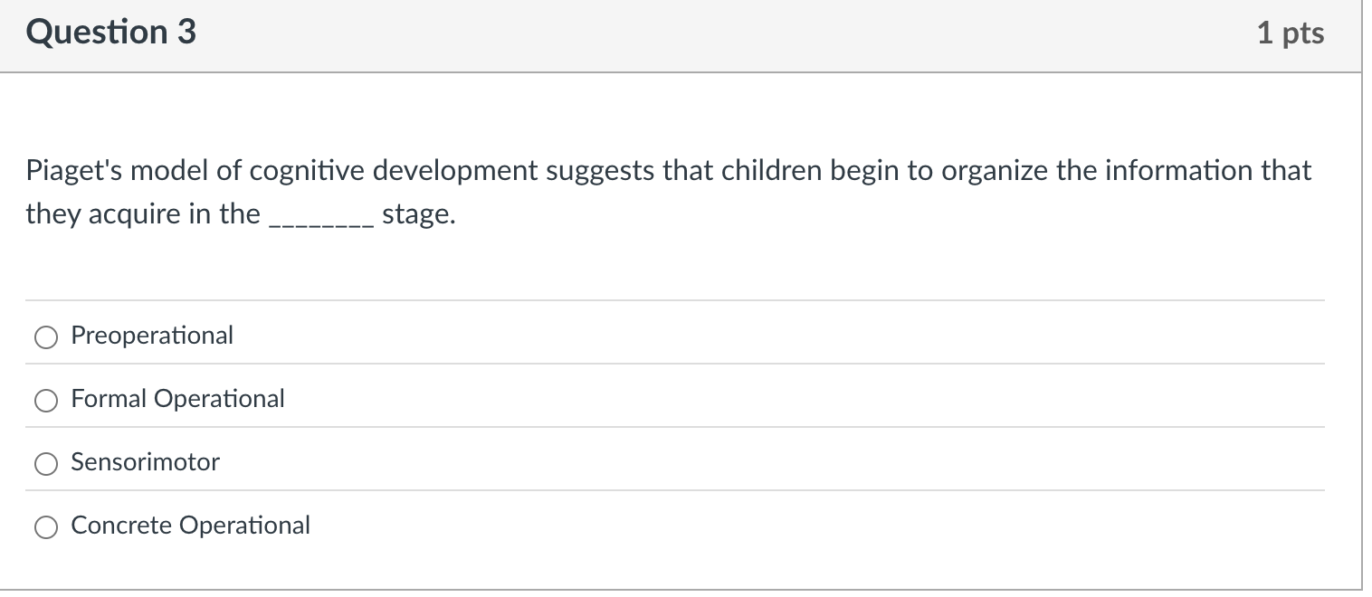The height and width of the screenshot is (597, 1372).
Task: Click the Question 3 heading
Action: (x=110, y=33)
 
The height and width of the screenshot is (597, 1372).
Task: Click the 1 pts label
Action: (x=1290, y=33)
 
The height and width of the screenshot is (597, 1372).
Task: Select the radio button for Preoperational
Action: (x=45, y=336)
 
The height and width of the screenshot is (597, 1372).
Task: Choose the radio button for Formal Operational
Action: (x=45, y=400)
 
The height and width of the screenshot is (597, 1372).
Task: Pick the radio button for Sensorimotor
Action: (x=45, y=463)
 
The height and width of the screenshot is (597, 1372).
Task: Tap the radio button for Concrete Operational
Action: (x=45, y=526)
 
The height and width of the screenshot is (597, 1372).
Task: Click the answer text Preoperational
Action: (x=152, y=336)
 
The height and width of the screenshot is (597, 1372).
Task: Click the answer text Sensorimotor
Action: (x=145, y=462)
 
